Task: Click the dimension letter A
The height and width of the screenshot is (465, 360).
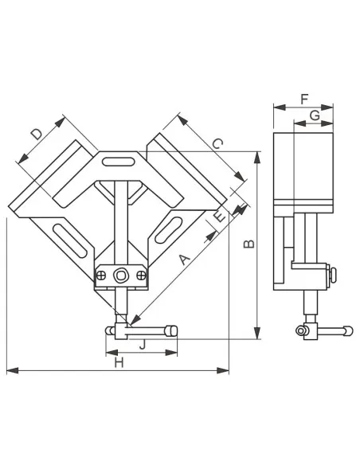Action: pos(184,259)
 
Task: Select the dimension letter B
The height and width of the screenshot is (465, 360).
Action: pos(248,244)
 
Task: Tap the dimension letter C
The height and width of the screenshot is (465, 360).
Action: pos(217,144)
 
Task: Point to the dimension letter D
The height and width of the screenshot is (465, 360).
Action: pos(37,134)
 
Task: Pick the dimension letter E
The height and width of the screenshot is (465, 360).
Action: pos(219,217)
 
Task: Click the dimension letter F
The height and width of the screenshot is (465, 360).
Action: pos(304,99)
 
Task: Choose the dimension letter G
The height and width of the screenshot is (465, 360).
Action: pos(315,115)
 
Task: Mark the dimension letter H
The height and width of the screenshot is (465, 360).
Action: pos(119,362)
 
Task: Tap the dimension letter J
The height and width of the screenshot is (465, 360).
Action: pos(143,344)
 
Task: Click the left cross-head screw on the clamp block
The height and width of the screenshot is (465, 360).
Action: pos(101,275)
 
